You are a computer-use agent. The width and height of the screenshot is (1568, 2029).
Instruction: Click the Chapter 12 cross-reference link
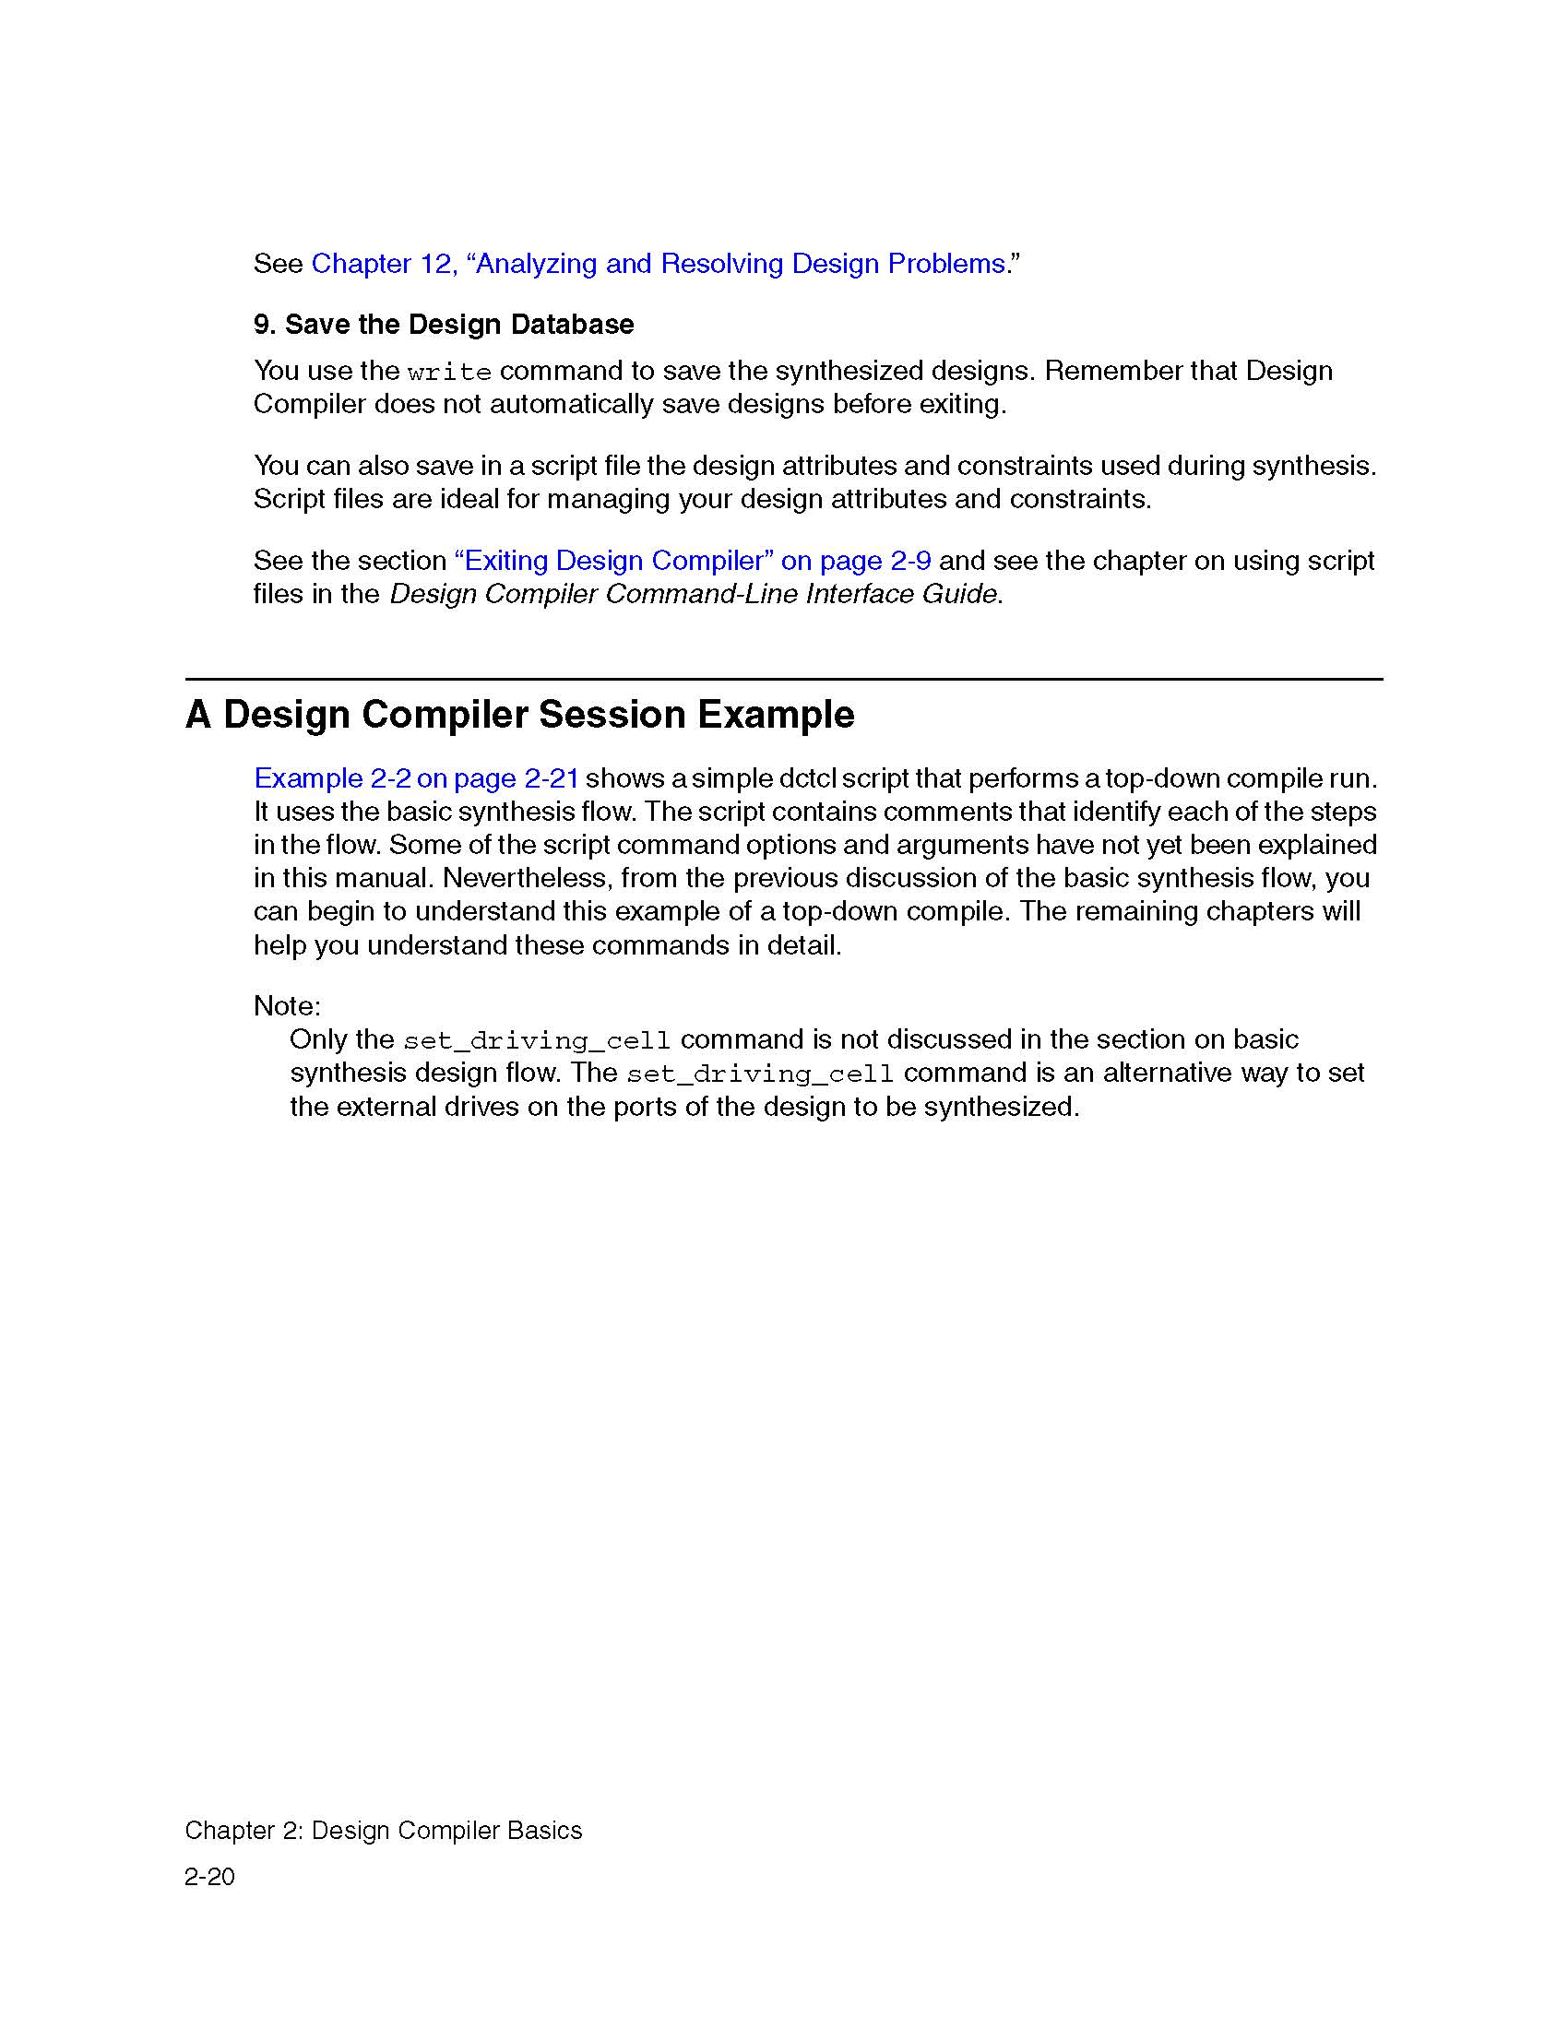pos(658,264)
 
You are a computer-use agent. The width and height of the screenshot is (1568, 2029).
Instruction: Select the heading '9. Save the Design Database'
pos(443,325)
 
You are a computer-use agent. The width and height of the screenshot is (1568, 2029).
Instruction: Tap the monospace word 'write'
pos(448,373)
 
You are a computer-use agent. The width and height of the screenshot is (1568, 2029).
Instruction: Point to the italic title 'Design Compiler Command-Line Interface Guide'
pos(693,594)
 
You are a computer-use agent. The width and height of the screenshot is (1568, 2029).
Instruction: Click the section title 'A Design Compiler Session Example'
pos(519,715)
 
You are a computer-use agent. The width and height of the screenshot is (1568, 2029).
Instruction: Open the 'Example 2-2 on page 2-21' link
pos(416,778)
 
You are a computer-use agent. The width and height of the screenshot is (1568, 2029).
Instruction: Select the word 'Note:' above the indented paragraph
pos(287,1006)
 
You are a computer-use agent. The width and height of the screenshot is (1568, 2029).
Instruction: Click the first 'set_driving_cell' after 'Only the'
pos(536,1040)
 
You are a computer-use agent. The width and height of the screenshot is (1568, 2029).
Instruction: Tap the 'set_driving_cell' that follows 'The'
pos(760,1074)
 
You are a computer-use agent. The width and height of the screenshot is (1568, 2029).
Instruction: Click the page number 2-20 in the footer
pos(210,1877)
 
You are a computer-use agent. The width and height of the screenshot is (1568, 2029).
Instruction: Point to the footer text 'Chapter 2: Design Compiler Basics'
pos(383,1830)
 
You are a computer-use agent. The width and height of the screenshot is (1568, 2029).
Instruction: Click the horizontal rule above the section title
pos(783,679)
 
